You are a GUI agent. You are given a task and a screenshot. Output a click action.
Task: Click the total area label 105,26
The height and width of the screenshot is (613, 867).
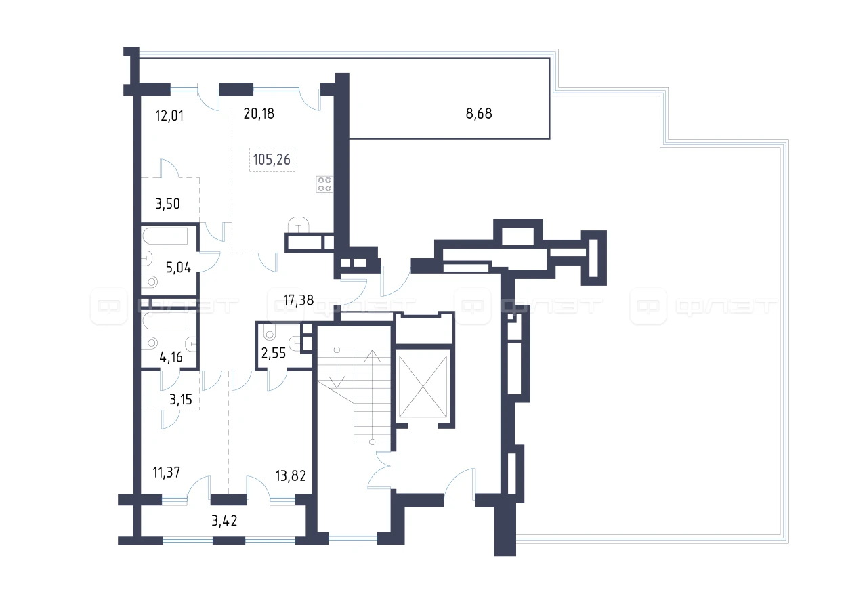pyautogui.click(x=272, y=159)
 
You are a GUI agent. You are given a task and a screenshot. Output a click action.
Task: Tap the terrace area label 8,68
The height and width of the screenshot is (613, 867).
pyautogui.click(x=479, y=113)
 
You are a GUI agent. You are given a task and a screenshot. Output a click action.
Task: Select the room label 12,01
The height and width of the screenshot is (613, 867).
pyautogui.click(x=169, y=116)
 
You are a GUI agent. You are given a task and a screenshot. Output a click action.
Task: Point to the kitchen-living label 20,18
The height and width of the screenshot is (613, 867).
pyautogui.click(x=259, y=113)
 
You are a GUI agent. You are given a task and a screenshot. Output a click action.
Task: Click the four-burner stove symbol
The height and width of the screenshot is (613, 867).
pyautogui.click(x=324, y=184)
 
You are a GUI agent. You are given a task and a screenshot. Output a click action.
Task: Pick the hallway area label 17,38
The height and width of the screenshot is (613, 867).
pyautogui.click(x=299, y=300)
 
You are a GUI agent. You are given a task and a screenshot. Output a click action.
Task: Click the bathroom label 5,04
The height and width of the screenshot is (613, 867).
pyautogui.click(x=178, y=268)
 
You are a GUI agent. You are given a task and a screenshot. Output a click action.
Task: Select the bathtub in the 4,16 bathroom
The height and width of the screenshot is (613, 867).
pyautogui.click(x=165, y=320)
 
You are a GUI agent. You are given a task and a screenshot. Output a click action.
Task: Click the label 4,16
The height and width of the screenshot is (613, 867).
pyautogui.click(x=171, y=357)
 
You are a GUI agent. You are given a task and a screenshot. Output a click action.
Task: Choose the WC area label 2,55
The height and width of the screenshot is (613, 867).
pyautogui.click(x=274, y=353)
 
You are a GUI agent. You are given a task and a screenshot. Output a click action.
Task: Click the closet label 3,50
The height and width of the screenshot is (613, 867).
pyautogui.click(x=167, y=204)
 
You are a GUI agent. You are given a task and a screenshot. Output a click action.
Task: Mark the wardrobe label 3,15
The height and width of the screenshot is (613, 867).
pyautogui.click(x=181, y=400)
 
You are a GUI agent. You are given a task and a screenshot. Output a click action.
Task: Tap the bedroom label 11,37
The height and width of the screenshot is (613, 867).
pyautogui.click(x=166, y=473)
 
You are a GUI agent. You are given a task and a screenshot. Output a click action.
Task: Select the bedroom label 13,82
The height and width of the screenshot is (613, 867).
pyautogui.click(x=291, y=475)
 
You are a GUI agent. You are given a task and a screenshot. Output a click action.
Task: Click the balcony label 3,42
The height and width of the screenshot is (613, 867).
pyautogui.click(x=224, y=521)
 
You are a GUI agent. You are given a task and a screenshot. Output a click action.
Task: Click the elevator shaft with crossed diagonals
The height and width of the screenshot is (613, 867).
pyautogui.click(x=423, y=386)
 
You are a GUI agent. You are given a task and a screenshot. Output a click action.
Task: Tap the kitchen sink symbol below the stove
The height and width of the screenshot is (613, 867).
pyautogui.click(x=299, y=225)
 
